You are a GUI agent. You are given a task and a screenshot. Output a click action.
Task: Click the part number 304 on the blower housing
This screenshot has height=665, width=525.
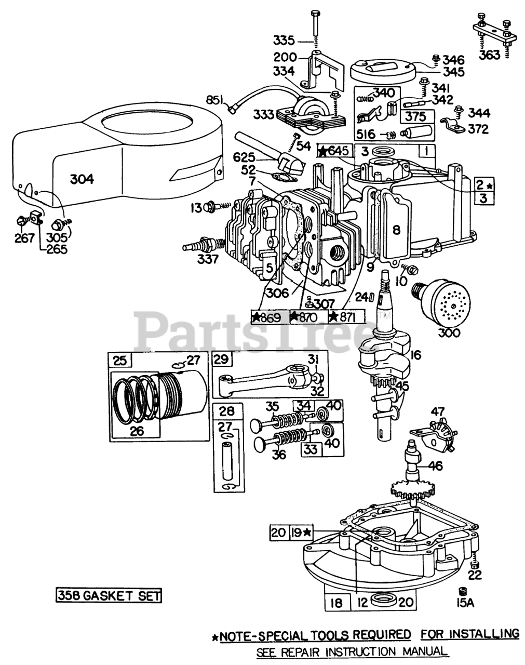pos(82,179)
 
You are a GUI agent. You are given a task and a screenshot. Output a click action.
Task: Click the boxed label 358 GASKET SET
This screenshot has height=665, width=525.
pos(108,595)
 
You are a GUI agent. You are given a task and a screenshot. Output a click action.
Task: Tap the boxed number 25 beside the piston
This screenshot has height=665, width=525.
pos(119,360)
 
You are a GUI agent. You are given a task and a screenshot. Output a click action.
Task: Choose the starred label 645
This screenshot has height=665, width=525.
pos(335,151)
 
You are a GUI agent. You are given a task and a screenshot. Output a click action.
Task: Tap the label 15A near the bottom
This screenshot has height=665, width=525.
pos(461,603)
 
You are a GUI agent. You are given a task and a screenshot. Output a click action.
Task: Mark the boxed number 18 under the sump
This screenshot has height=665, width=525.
pos(336,603)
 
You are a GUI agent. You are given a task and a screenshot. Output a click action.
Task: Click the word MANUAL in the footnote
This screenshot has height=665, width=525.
pos(420,651)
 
